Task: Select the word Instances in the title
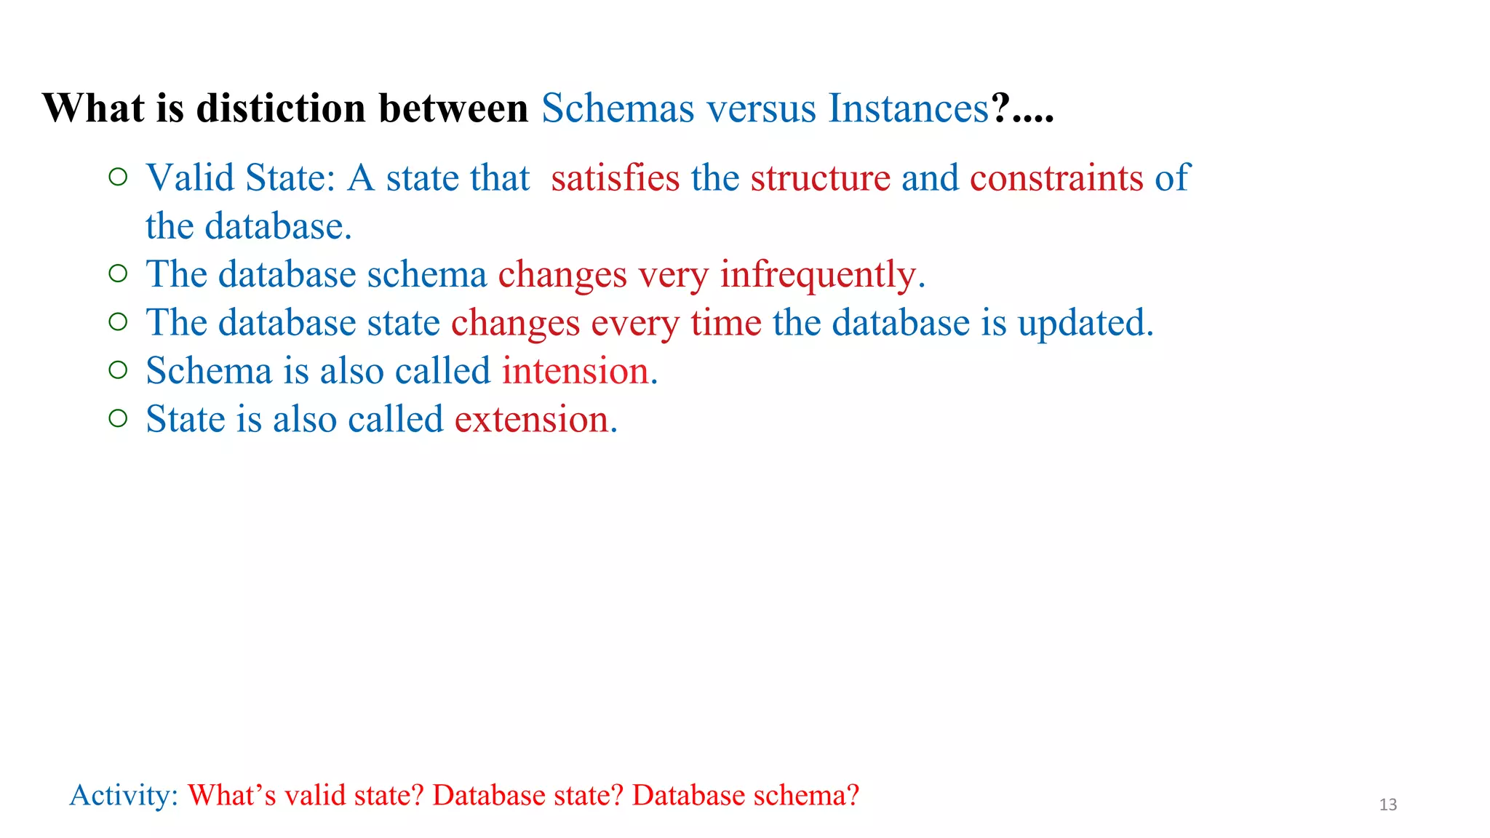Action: tap(909, 108)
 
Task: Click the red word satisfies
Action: tap(615, 178)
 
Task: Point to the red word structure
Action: tap(820, 178)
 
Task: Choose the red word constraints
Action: tap(1056, 178)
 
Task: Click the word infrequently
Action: tap(822, 275)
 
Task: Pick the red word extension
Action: tap(535, 420)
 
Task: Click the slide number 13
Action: tap(1388, 805)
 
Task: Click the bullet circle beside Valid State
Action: tap(118, 177)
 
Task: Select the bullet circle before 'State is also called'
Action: tap(118, 418)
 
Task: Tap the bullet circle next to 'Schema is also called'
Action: tap(118, 370)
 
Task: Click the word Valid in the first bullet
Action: tap(190, 178)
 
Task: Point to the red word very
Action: tap(673, 275)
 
